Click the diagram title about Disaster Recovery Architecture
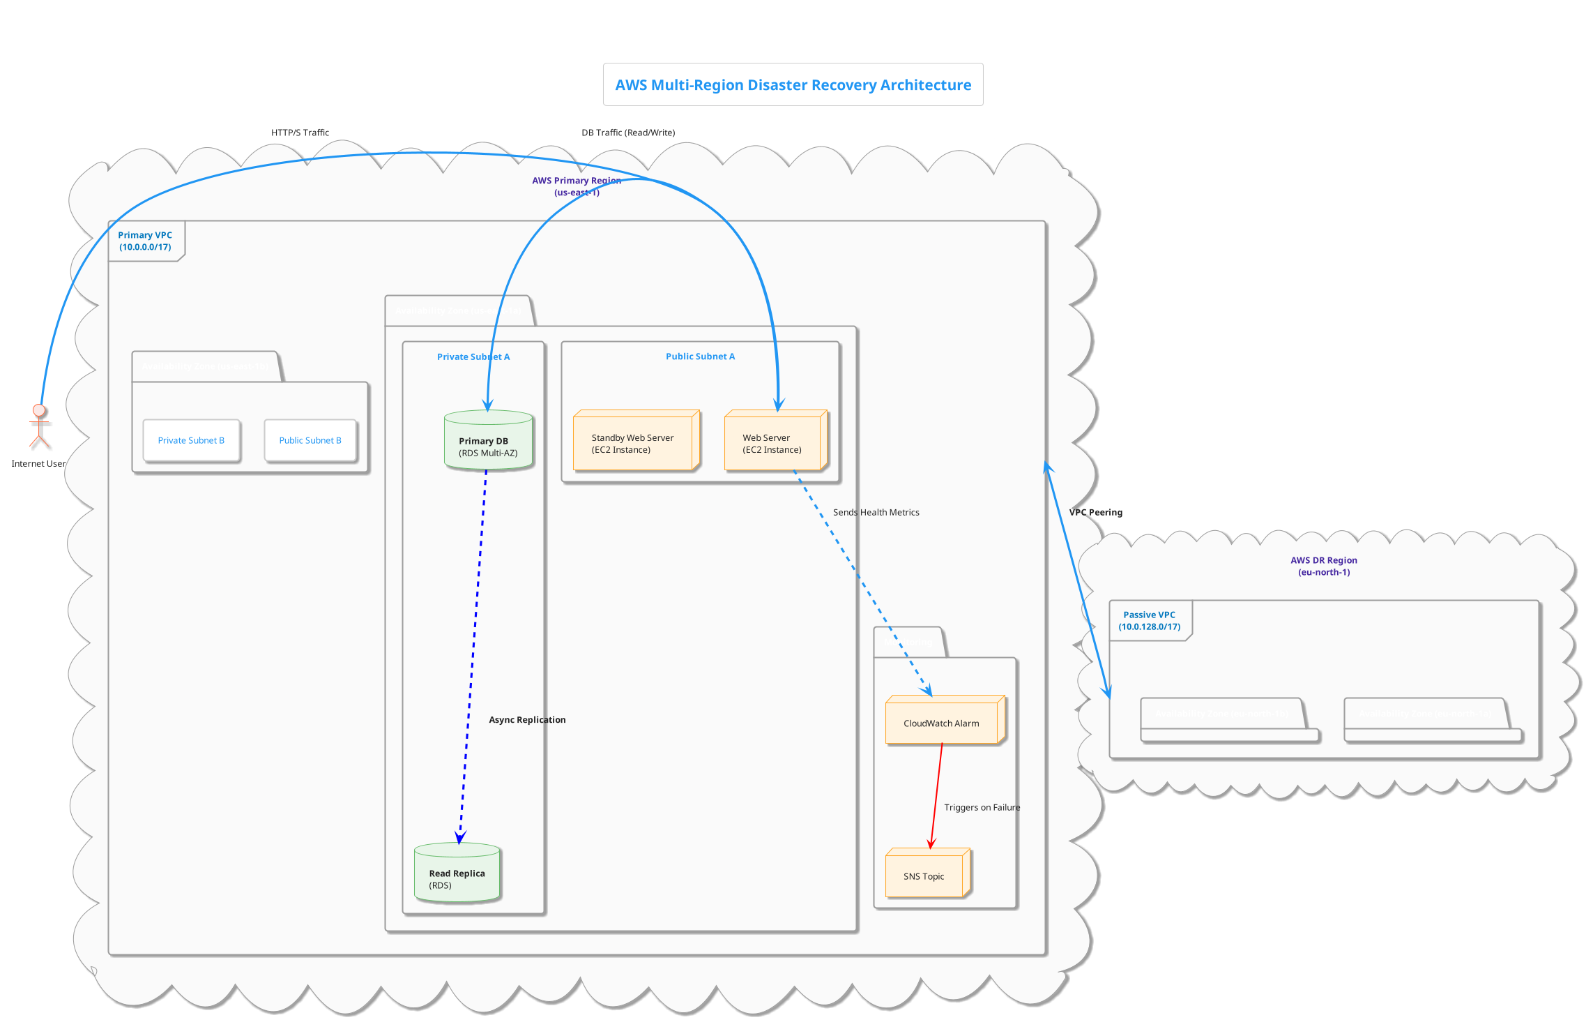(793, 85)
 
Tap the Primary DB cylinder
(488, 441)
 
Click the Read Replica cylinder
(457, 873)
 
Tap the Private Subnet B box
(191, 440)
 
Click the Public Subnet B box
(310, 440)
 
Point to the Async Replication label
(527, 719)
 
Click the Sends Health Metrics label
(876, 512)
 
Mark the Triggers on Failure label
(982, 807)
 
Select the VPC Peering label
(1095, 512)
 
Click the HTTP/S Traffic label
(300, 133)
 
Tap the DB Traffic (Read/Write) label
(628, 133)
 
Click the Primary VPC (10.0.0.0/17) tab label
(145, 241)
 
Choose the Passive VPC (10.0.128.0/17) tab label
(1149, 620)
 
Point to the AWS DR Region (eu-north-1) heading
(1323, 566)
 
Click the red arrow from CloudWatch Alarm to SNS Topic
(936, 795)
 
